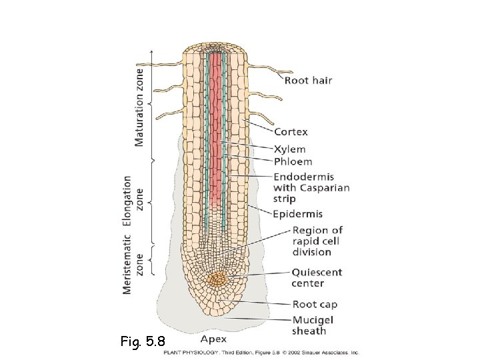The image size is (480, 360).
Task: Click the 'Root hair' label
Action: pyautogui.click(x=308, y=81)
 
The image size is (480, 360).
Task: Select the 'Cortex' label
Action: pyautogui.click(x=291, y=132)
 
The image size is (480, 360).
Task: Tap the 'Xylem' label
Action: pyautogui.click(x=289, y=149)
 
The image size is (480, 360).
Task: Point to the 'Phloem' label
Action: pyautogui.click(x=293, y=161)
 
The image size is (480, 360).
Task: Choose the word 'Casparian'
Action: pyautogui.click(x=325, y=188)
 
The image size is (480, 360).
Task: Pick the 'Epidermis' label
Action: pyautogui.click(x=297, y=214)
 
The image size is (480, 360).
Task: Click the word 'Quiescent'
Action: pyautogui.click(x=316, y=272)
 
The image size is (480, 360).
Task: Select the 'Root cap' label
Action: pyautogui.click(x=315, y=305)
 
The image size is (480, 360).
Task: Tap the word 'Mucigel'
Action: pyautogui.click(x=313, y=320)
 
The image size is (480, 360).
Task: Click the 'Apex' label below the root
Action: pyautogui.click(x=213, y=337)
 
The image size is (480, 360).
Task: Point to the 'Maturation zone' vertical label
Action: pyautogui.click(x=139, y=105)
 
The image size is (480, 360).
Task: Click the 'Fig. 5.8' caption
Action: pyautogui.click(x=143, y=343)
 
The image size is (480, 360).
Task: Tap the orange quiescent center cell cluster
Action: pyautogui.click(x=217, y=279)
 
